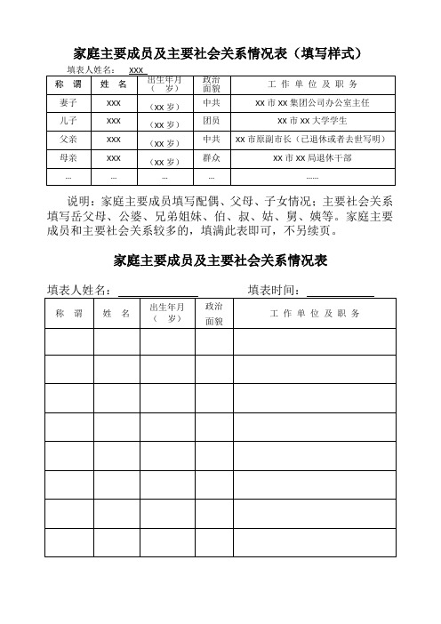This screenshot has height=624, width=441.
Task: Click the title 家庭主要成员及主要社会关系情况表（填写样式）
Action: click(220, 53)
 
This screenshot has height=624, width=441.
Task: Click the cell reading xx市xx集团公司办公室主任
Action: click(311, 104)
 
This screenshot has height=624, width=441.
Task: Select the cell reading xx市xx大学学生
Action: click(311, 120)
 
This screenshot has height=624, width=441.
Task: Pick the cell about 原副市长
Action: click(311, 139)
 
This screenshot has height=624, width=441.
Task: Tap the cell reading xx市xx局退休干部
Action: click(311, 157)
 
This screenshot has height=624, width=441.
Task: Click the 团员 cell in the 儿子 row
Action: click(212, 120)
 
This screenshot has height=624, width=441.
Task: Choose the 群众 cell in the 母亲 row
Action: click(212, 157)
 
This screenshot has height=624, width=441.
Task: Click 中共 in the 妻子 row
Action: click(212, 104)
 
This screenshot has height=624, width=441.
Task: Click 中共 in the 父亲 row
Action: click(212, 139)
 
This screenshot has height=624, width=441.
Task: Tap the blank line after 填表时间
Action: click(340, 290)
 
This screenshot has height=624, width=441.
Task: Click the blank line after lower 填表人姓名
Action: click(157, 290)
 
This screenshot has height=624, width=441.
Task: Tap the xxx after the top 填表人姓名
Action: click(137, 69)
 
